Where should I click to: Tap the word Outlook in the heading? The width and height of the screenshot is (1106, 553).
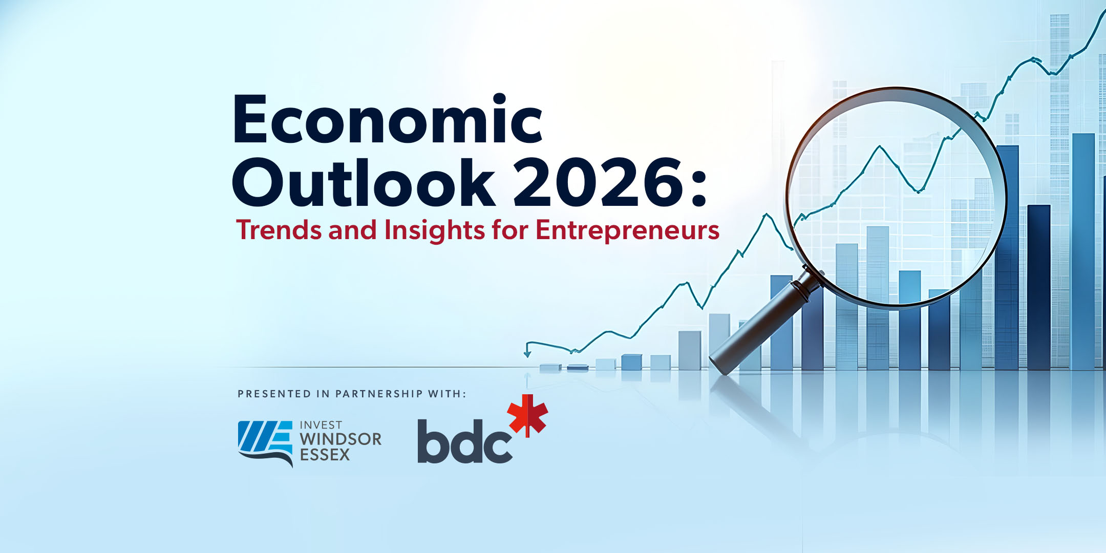pyautogui.click(x=364, y=182)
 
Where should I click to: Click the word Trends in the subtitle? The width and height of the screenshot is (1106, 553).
pyautogui.click(x=279, y=230)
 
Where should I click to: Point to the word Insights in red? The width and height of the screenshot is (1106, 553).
pyautogui.click(x=434, y=230)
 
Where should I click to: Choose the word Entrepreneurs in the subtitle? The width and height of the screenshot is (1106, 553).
pyautogui.click(x=628, y=231)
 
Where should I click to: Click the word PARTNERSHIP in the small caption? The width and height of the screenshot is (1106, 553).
pyautogui.click(x=379, y=394)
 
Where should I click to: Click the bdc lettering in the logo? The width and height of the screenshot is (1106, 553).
pyautogui.click(x=465, y=441)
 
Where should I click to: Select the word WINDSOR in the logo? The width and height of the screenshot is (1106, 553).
pyautogui.click(x=341, y=439)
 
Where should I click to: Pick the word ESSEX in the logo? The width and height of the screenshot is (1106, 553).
pyautogui.click(x=325, y=455)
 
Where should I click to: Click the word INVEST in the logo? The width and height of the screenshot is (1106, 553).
pyautogui.click(x=321, y=425)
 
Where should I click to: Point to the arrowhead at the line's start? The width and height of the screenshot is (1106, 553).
pyautogui.click(x=527, y=354)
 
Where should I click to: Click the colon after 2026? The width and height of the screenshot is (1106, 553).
pyautogui.click(x=699, y=187)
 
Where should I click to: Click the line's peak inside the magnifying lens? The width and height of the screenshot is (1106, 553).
pyautogui.click(x=880, y=146)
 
